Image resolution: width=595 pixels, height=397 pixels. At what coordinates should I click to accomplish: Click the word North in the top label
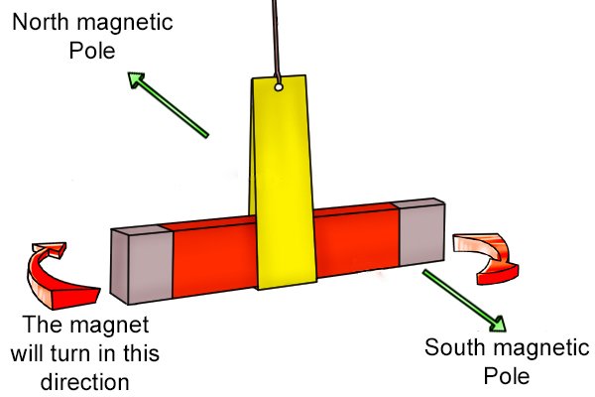coord(41,22)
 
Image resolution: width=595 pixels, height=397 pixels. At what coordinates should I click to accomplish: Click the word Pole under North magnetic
coord(92,51)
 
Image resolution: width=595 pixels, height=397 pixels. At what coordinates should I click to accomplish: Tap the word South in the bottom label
coord(453,347)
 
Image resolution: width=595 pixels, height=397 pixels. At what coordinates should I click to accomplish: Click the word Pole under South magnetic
coord(507,376)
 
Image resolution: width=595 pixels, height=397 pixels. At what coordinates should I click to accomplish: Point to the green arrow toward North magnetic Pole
coord(169,105)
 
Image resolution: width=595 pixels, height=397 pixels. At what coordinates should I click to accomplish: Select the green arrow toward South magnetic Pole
coord(464,301)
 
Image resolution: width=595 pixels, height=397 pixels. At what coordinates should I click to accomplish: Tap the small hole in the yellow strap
coord(279,87)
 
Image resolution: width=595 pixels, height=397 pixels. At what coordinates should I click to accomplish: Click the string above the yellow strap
coord(276,40)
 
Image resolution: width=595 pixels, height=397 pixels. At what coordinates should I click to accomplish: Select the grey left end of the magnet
coord(142,264)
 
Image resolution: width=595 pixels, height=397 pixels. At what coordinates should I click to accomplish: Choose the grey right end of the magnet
coord(421,232)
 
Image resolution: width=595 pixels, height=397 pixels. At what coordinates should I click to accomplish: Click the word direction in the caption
coord(84,382)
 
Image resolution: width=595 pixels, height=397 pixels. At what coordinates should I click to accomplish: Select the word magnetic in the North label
coord(125,23)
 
